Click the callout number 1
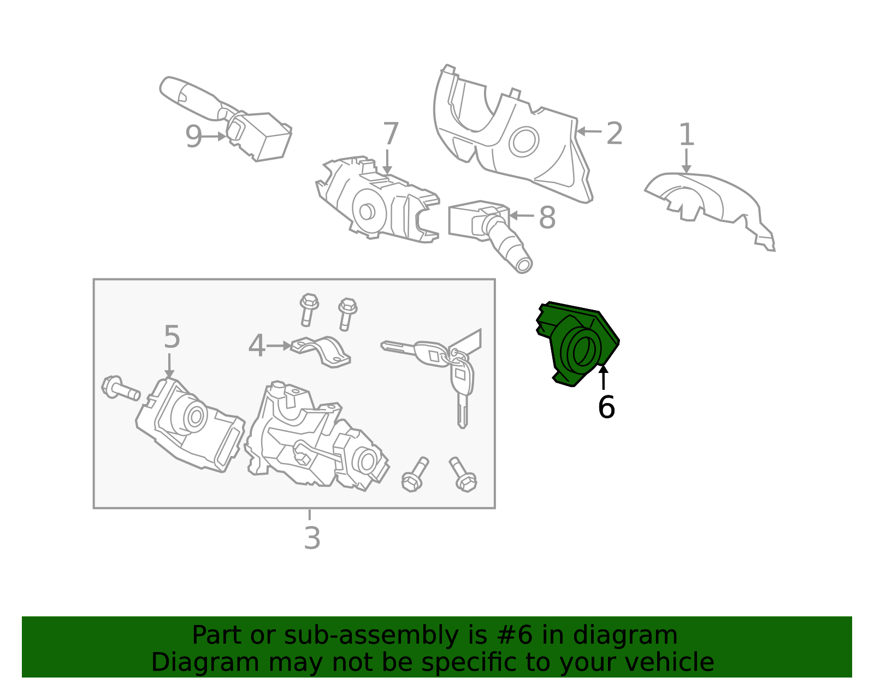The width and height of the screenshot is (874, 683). (x=686, y=135)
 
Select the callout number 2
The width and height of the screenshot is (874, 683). (x=614, y=133)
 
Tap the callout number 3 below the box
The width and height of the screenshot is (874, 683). (x=312, y=538)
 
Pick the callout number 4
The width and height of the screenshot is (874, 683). (x=257, y=346)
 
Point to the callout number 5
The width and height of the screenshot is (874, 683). (x=172, y=337)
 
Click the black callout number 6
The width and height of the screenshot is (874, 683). (x=606, y=407)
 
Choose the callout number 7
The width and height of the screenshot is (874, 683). (x=391, y=133)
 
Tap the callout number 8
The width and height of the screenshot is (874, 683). (x=547, y=218)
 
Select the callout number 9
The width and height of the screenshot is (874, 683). (x=193, y=137)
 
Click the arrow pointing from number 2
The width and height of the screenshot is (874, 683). (x=589, y=131)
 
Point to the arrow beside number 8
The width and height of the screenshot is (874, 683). (x=522, y=215)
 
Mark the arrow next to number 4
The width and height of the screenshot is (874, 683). (x=279, y=346)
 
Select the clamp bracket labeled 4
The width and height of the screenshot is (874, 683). (x=321, y=351)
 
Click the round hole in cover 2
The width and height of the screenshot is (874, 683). (x=524, y=142)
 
